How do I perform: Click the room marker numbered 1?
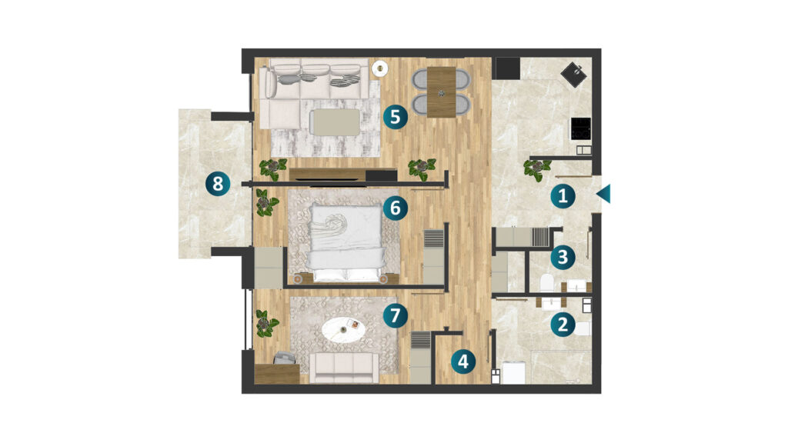click(563, 196)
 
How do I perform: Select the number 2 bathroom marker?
click(563, 325)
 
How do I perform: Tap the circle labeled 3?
click(563, 257)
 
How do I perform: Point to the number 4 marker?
click(462, 361)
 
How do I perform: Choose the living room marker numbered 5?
click(396, 117)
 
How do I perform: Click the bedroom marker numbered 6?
click(396, 208)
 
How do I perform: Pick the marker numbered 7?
click(396, 315)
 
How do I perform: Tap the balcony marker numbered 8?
click(218, 184)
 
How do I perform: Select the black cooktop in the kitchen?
click(580, 128)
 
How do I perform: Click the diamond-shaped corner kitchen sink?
click(574, 75)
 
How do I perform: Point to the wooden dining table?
click(441, 92)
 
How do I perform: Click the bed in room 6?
click(346, 243)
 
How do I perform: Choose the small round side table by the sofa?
click(379, 68)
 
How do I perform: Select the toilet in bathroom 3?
click(547, 283)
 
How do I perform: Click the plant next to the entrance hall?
click(536, 169)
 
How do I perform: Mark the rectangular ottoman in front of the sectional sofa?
click(336, 122)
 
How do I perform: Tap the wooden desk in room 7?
click(277, 374)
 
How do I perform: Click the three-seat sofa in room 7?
click(344, 368)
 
